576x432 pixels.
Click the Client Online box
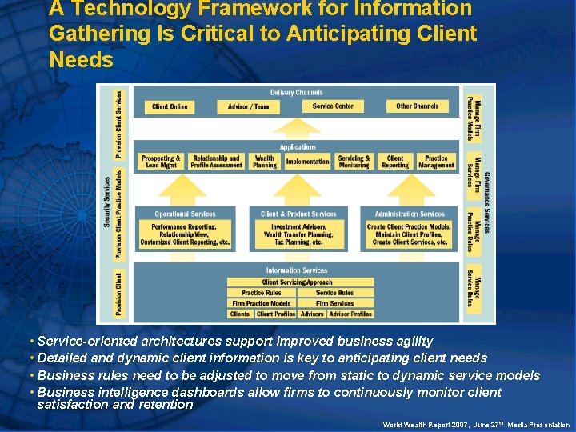coord(170,106)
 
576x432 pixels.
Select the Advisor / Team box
coord(248,106)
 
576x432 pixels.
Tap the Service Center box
coord(333,106)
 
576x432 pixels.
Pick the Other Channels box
coord(417,106)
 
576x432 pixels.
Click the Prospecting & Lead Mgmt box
coord(161,162)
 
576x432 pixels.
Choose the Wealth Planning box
coord(265,162)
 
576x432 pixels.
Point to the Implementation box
coord(307,162)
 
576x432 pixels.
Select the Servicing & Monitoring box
coord(354,162)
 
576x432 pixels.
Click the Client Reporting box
coord(395,162)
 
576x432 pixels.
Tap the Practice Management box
coord(436,162)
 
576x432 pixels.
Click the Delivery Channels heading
coord(297,93)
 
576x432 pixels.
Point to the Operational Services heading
coord(185,214)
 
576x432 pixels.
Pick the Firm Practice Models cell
coord(262,303)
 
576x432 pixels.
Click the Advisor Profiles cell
coord(350,314)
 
